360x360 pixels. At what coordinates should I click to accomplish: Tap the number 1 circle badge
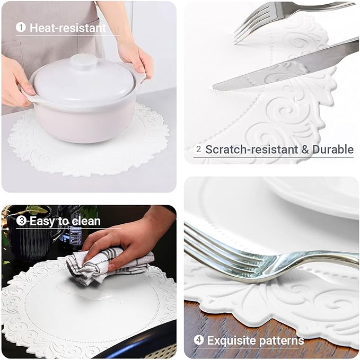[21, 28]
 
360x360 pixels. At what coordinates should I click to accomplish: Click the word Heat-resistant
[68, 28]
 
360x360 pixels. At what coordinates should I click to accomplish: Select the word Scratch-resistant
[251, 150]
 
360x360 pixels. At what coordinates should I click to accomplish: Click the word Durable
[332, 150]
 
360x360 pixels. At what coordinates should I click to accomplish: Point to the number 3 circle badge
[21, 221]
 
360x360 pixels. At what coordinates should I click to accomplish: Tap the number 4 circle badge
[199, 340]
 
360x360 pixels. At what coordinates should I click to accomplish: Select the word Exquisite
[230, 340]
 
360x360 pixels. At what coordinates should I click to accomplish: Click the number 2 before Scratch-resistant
[199, 150]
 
